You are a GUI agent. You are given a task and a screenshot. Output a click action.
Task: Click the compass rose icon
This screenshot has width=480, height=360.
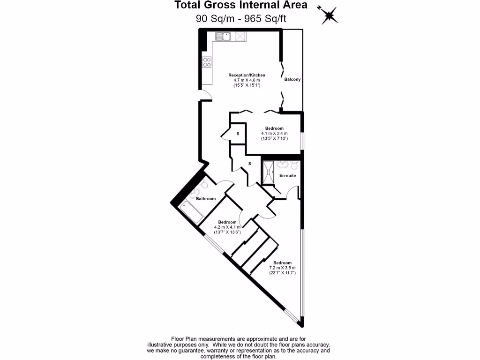[328, 15]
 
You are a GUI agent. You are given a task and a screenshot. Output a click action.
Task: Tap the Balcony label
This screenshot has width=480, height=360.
[292, 79]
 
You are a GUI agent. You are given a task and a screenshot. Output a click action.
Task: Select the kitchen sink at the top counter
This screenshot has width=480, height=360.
[223, 36]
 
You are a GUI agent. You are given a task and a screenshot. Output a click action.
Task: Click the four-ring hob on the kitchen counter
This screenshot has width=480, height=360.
[207, 62]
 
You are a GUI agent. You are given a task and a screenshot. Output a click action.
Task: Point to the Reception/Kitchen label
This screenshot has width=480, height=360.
[247, 75]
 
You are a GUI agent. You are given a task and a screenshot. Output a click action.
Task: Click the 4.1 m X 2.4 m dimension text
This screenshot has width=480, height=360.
[274, 134]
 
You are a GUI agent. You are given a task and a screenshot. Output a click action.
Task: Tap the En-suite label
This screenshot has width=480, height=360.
[287, 175]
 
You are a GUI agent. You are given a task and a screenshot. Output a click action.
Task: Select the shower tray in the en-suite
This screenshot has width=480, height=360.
[269, 173]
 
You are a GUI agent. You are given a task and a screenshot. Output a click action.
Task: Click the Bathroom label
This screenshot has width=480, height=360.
[206, 199]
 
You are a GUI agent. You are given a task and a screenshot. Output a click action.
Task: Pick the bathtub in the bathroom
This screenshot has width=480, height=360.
[191, 211]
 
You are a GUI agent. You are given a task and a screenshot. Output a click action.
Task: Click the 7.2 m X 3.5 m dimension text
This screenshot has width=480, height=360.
[283, 268]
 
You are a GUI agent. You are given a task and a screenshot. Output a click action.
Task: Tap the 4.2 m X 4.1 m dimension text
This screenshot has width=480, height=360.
[227, 227]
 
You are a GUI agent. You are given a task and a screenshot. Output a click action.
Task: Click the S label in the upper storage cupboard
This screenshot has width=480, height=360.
[238, 134]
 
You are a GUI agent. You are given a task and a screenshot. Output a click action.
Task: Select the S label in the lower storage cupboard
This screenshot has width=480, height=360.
[249, 164]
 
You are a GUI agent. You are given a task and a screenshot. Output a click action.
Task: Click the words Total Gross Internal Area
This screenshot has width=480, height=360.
[241, 5]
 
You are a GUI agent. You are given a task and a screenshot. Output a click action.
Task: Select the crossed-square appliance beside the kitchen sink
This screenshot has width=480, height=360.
[241, 36]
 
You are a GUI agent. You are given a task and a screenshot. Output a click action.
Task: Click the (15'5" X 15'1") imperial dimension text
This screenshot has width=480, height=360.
[247, 85]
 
